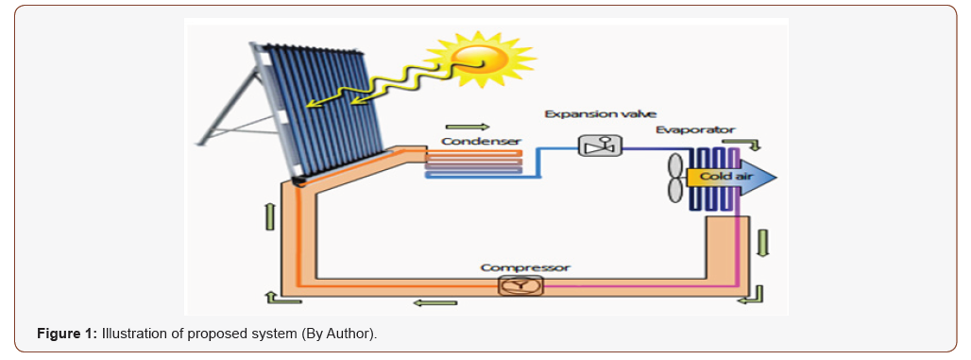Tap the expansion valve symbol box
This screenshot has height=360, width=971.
(598, 146)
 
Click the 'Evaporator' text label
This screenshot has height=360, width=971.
(695, 130)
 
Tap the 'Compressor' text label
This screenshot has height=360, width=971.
(525, 267)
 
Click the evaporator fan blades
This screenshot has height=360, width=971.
(674, 178)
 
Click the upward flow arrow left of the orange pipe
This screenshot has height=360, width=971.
(267, 215)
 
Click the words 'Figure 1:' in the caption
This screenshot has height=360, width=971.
(67, 335)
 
